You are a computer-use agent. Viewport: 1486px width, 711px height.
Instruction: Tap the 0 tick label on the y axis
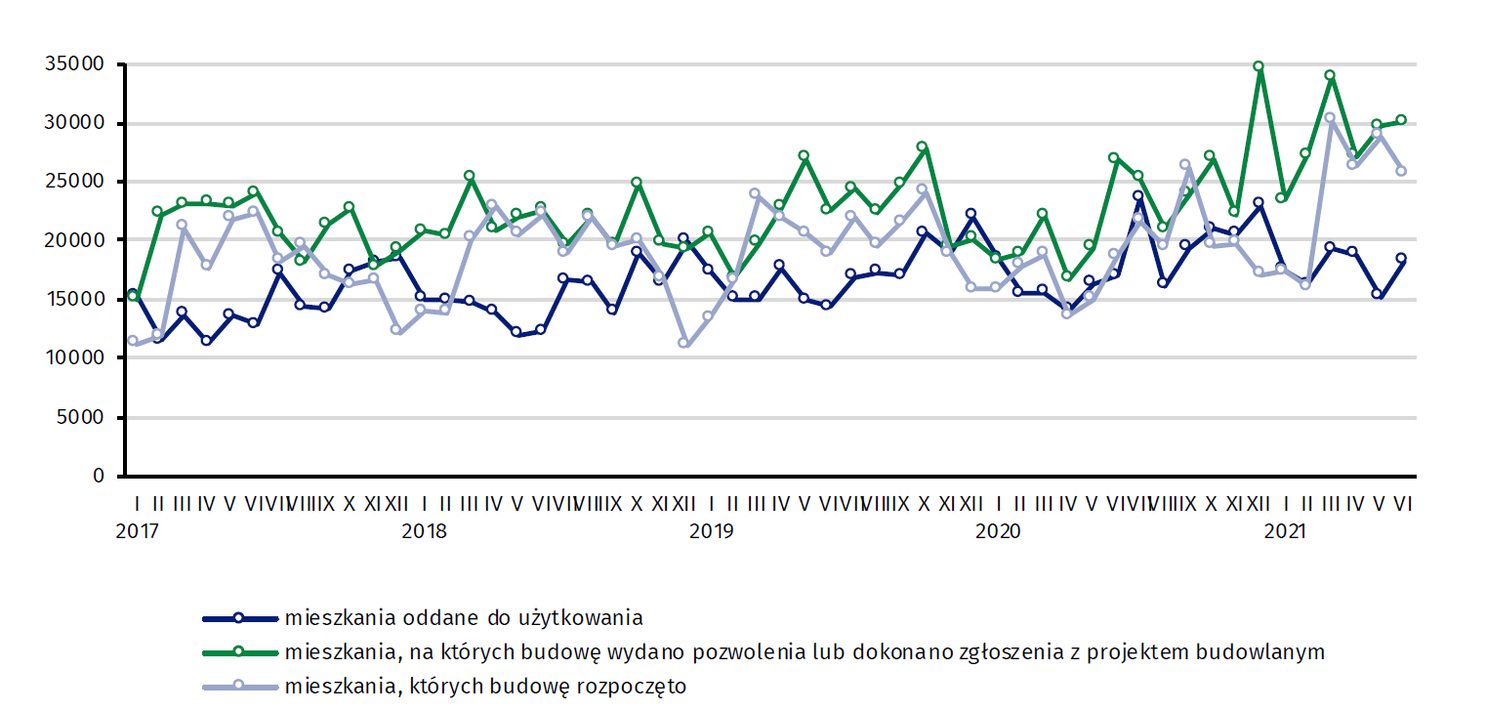(x=99, y=477)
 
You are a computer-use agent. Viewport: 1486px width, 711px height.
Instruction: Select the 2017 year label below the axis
(x=137, y=531)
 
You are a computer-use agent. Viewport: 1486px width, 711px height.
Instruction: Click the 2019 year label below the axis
(x=711, y=531)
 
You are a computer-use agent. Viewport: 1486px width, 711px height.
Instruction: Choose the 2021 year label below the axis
(x=1285, y=531)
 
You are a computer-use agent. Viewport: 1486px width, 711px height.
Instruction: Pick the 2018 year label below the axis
(x=424, y=531)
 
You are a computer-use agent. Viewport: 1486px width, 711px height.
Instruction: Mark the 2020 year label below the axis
(x=998, y=531)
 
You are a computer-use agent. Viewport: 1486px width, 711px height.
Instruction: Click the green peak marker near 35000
(x=1259, y=66)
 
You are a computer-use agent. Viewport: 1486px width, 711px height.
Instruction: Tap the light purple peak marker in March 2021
(x=1330, y=118)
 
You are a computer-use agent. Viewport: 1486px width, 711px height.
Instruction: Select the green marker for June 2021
(x=1401, y=120)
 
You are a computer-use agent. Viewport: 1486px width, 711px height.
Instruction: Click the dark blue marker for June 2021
(x=1401, y=259)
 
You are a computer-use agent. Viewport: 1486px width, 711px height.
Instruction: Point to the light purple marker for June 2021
(x=1401, y=171)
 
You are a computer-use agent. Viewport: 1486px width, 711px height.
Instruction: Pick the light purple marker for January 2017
(x=133, y=341)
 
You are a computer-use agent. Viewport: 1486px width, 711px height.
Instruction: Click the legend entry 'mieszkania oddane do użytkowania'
(x=464, y=618)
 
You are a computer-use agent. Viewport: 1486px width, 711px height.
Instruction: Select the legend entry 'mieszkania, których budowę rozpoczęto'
(x=485, y=687)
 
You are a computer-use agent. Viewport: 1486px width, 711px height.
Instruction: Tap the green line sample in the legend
(x=239, y=652)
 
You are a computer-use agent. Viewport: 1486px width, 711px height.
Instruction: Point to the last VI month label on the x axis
(x=1403, y=504)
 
